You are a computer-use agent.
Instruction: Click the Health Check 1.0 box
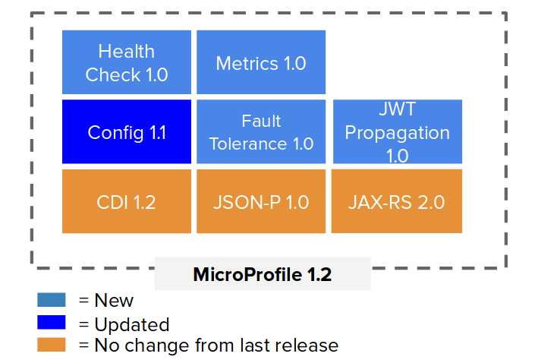pyautogui.click(x=127, y=62)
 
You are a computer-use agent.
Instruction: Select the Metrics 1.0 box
pyautogui.click(x=261, y=62)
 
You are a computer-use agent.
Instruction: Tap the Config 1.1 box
pyautogui.click(x=127, y=131)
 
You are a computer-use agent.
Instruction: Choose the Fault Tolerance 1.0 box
pyautogui.click(x=261, y=131)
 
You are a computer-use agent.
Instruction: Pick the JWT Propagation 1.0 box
pyautogui.click(x=398, y=131)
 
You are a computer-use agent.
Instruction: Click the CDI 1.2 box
pyautogui.click(x=127, y=201)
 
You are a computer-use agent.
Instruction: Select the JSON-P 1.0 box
pyautogui.click(x=261, y=201)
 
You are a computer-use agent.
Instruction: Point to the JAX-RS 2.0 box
pyautogui.click(x=397, y=201)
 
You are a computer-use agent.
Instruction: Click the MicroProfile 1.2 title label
pyautogui.click(x=263, y=274)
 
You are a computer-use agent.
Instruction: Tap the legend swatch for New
pyautogui.click(x=52, y=299)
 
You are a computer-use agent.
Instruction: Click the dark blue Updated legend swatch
pyautogui.click(x=52, y=322)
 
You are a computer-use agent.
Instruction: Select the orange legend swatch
pyautogui.click(x=52, y=345)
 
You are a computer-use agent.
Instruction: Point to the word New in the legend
pyautogui.click(x=114, y=300)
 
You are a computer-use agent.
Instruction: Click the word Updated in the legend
pyautogui.click(x=132, y=324)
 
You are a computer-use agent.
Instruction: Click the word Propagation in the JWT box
pyautogui.click(x=398, y=134)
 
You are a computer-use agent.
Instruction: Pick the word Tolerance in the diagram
pyautogui.click(x=248, y=144)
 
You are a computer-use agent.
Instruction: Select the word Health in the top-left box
pyautogui.click(x=127, y=51)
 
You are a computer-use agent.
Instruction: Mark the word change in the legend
pyautogui.click(x=157, y=346)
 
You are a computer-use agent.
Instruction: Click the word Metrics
pyautogui.click(x=247, y=64)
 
